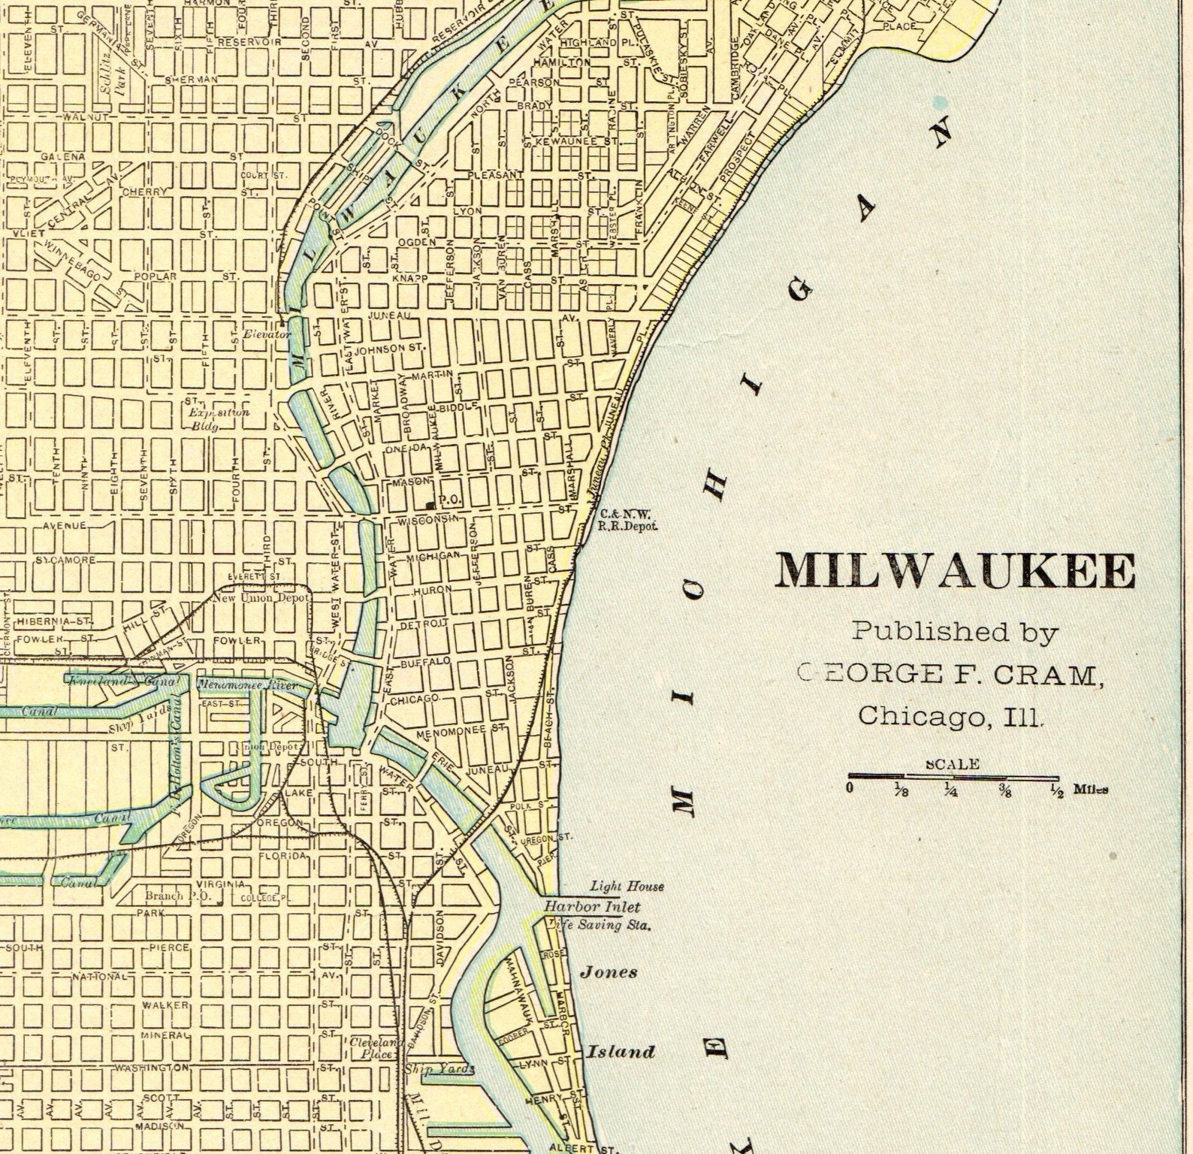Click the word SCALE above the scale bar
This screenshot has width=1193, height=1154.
953,764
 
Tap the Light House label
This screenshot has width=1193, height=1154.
627,887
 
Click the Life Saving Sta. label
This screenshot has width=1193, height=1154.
601,926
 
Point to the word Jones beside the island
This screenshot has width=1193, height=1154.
608,972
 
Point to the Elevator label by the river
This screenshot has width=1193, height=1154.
266,334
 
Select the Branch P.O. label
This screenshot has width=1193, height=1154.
169,896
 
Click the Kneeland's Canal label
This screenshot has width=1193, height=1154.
124,682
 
